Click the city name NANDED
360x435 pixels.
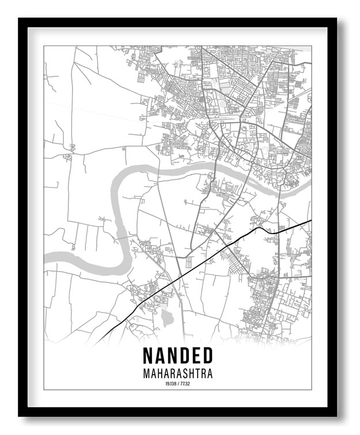pos(177,356)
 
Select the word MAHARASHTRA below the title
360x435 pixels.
pos(177,373)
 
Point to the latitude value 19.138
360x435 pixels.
pos(169,383)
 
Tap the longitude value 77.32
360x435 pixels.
pos(185,383)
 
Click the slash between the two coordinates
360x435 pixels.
pos(177,383)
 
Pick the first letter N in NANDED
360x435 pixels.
pos(148,356)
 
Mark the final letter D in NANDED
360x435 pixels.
pos(207,356)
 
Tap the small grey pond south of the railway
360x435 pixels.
pos(166,317)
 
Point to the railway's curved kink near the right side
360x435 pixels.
pos(260,228)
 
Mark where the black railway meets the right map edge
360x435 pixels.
pos(310,220)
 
